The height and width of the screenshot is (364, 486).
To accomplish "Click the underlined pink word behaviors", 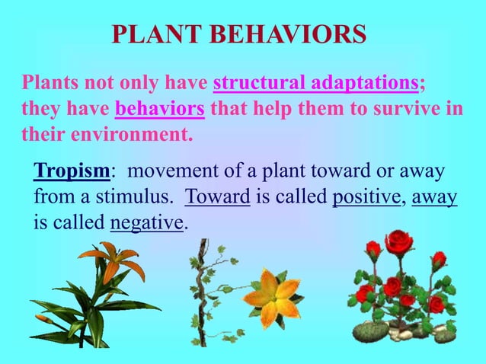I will pos(159,109).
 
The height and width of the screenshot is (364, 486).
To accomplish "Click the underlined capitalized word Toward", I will pos(218,197).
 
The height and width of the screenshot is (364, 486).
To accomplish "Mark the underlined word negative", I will pos(147,224).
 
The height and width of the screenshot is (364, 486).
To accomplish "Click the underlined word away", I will pos(434,197).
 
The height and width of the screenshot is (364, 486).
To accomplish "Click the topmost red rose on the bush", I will pos(398,243).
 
